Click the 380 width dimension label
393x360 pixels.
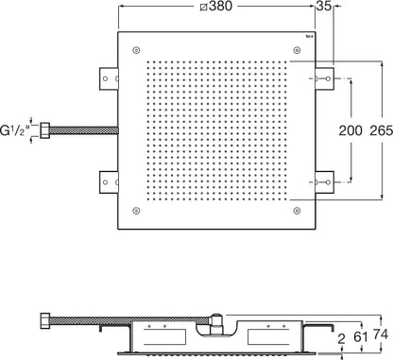(216, 6)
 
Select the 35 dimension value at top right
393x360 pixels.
(324, 6)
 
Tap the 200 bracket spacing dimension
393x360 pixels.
(350, 130)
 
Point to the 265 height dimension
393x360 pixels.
(382, 130)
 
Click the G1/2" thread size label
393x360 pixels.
(15, 130)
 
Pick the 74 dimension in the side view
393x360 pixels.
(381, 334)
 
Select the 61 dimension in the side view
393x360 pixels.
(361, 337)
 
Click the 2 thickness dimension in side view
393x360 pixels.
(341, 339)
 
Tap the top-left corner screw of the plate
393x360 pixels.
(136, 50)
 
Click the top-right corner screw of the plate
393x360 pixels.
(297, 50)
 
